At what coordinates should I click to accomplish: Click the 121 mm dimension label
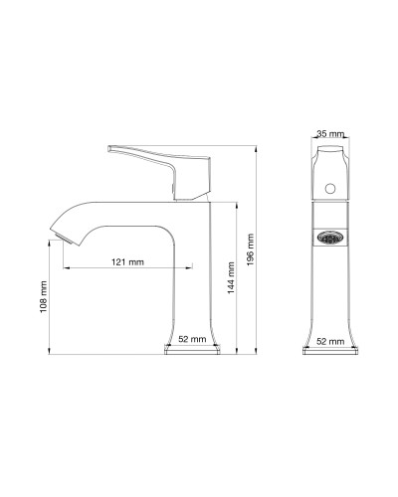point(126,261)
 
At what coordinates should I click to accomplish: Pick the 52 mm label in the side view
point(192,339)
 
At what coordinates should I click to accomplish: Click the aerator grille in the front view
point(329,239)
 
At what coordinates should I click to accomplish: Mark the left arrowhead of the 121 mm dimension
point(66,268)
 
